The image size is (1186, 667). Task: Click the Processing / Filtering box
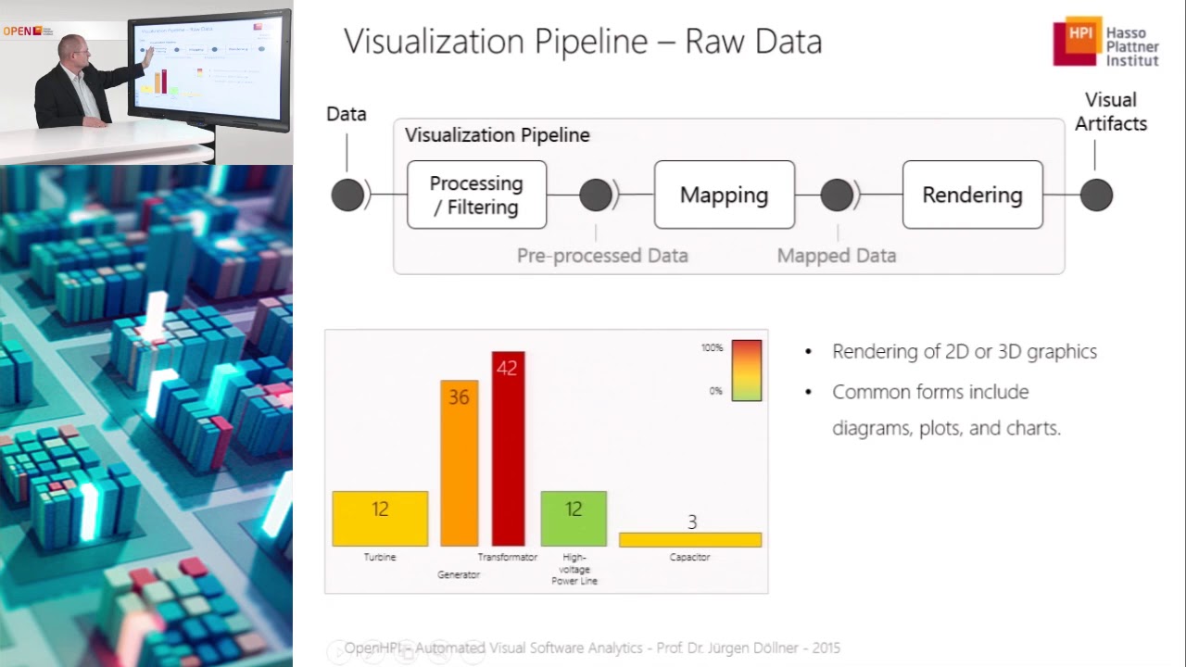click(x=476, y=195)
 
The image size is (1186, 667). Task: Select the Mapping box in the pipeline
click(x=724, y=195)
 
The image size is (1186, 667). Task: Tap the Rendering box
click(x=972, y=195)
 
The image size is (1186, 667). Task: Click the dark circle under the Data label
click(x=347, y=195)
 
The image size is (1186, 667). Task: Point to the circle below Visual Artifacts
click(x=1096, y=195)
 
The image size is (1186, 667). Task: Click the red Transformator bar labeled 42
click(x=508, y=448)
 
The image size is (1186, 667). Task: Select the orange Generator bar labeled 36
click(x=459, y=462)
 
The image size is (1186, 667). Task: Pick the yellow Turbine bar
click(x=380, y=518)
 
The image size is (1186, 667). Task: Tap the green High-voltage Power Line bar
click(x=574, y=518)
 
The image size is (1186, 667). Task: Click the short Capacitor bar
click(x=690, y=539)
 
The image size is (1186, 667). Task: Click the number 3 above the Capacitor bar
click(x=691, y=522)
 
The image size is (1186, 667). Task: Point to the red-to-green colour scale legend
click(x=747, y=370)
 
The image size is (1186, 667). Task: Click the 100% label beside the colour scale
click(x=712, y=348)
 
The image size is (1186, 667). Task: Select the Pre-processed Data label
click(x=602, y=256)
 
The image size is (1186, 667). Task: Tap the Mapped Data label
click(x=837, y=256)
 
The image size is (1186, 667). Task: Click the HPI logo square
click(x=1078, y=40)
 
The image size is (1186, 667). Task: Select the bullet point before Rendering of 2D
click(x=809, y=352)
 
